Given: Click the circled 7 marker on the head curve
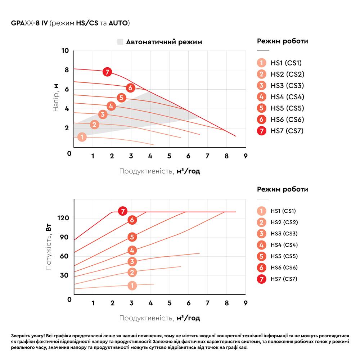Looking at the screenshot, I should pos(107,72).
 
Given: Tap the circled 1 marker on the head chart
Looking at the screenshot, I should pos(82,137).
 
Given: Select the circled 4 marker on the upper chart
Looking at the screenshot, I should pos(111,106).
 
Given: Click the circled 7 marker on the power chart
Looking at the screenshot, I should pos(123,211).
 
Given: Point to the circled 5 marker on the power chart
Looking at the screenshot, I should pos(132,237).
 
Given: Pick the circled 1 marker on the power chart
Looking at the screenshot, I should pos(132,285).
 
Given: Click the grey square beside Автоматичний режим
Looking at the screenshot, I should pos(120,42).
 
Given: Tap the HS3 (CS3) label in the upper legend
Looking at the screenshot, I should pos(287,86).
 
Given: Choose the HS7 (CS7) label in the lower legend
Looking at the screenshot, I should pos(284,279).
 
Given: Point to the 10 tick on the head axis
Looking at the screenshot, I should pos(65,51).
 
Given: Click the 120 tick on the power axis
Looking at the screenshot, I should pos(63,218).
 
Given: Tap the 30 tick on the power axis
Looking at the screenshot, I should pos(64,275).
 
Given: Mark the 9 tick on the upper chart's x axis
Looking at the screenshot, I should pos(245,156).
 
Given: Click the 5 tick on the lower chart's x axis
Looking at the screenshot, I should pos(169,302).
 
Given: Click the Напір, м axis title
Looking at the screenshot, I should pos(56,98).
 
